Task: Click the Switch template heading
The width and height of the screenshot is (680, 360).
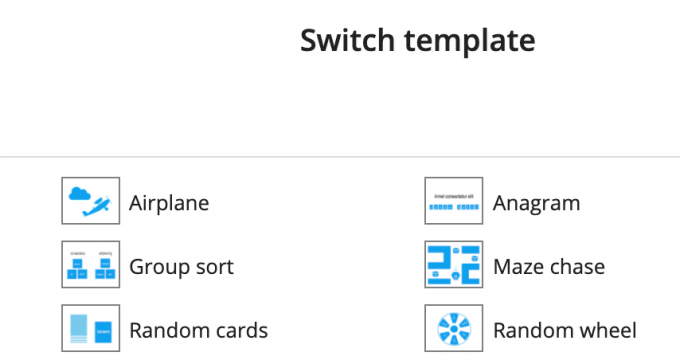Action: pyautogui.click(x=418, y=41)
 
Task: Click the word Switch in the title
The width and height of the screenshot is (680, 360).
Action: pyautogui.click(x=347, y=40)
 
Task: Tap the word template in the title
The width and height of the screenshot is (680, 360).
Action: pyautogui.click(x=470, y=42)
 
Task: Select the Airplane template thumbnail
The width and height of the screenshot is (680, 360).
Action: pyautogui.click(x=91, y=201)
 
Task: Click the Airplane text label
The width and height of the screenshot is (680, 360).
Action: pyautogui.click(x=169, y=203)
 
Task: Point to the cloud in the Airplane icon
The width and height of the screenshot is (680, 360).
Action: pyautogui.click(x=79, y=194)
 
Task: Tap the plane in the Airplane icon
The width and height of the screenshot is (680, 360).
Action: pyautogui.click(x=97, y=206)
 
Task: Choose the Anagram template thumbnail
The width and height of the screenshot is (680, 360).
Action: pyautogui.click(x=454, y=201)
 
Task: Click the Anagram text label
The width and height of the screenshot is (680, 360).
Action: pyautogui.click(x=536, y=203)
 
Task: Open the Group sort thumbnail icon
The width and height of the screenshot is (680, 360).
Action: pyautogui.click(x=91, y=265)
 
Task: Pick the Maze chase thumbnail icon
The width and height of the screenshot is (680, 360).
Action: pyautogui.click(x=454, y=265)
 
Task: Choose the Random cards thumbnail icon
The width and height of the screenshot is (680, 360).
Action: pyautogui.click(x=91, y=328)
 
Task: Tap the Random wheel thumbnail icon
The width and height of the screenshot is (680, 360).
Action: pyautogui.click(x=454, y=328)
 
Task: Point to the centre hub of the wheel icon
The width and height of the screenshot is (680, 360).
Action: pyautogui.click(x=454, y=329)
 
